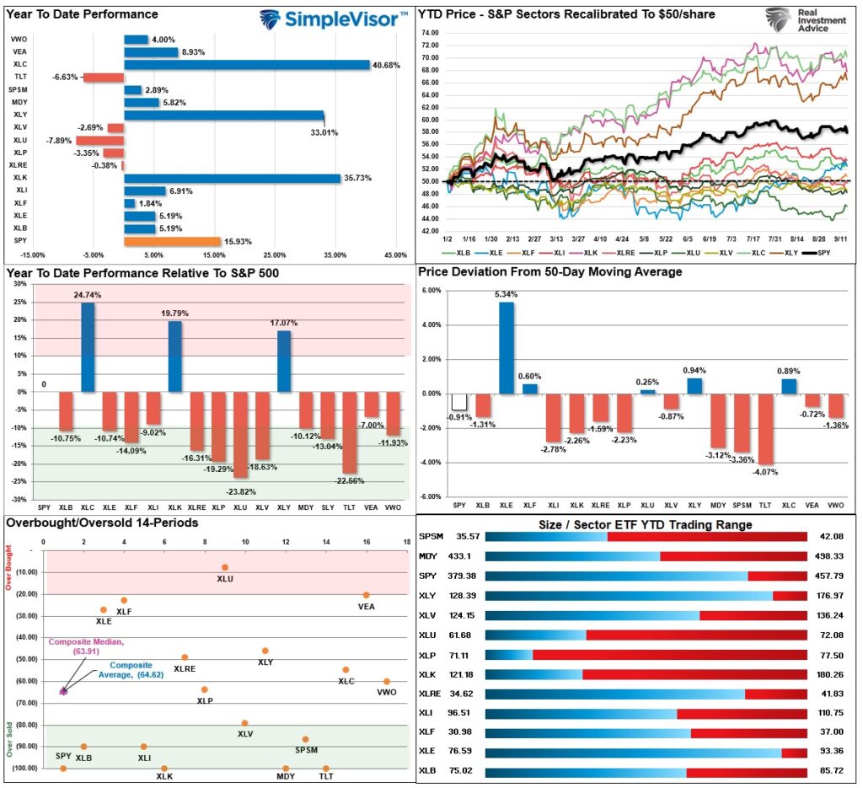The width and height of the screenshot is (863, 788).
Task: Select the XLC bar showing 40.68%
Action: click(x=247, y=64)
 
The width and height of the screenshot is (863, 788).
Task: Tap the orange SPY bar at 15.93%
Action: click(x=172, y=241)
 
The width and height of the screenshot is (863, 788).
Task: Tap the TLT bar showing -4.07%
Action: click(x=765, y=429)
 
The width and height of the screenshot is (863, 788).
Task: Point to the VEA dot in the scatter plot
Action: click(x=366, y=595)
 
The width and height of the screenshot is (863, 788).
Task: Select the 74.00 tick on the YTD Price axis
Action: click(x=430, y=33)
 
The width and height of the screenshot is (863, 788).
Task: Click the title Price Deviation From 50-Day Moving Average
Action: click(x=550, y=272)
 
